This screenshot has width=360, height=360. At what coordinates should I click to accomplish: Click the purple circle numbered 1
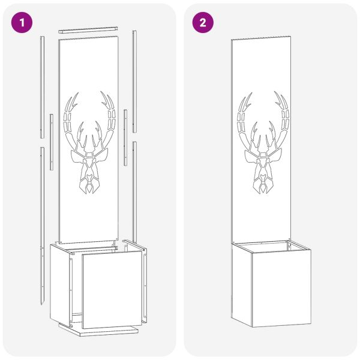(x=22, y=23)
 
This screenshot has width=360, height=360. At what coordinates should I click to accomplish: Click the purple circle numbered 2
(x=203, y=23)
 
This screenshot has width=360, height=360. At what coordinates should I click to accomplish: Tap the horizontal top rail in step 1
(x=88, y=30)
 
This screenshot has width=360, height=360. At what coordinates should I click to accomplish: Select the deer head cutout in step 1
(x=89, y=143)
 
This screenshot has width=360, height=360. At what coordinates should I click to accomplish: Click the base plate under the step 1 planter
(x=99, y=330)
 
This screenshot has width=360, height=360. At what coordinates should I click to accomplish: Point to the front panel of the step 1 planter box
(x=112, y=290)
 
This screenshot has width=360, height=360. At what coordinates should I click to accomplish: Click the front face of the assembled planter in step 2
(x=281, y=288)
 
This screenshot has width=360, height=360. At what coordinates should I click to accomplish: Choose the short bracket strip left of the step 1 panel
(x=52, y=142)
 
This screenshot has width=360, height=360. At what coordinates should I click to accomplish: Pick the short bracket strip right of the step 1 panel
(x=125, y=137)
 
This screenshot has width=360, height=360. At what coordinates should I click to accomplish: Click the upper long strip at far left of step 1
(x=42, y=87)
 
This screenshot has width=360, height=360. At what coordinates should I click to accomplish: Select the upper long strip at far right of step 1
(x=134, y=82)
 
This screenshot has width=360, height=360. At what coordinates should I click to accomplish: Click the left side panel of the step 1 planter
(x=59, y=284)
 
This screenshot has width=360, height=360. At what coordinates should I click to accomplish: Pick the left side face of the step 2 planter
(x=242, y=284)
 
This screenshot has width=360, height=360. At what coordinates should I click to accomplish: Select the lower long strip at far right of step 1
(x=135, y=193)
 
